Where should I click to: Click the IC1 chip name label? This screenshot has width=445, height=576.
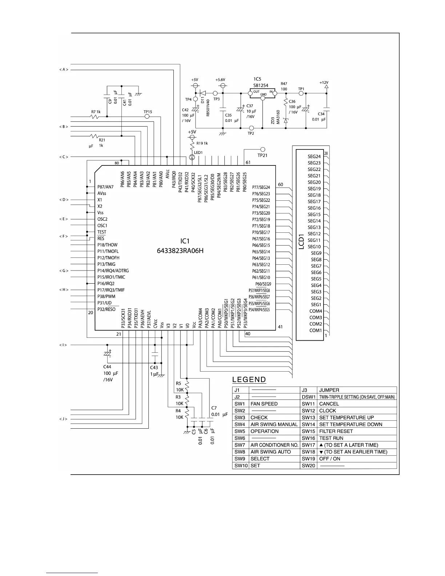click(x=185, y=241)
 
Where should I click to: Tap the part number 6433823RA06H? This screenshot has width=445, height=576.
click(x=185, y=251)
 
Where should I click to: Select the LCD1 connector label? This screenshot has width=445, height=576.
click(x=301, y=241)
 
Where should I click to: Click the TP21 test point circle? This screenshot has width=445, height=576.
click(x=262, y=149)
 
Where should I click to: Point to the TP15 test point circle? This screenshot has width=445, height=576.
click(x=147, y=116)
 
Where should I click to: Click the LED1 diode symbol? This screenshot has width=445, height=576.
click(x=192, y=157)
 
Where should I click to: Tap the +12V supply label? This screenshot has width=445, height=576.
click(x=324, y=83)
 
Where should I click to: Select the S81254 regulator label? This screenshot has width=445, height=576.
click(x=261, y=85)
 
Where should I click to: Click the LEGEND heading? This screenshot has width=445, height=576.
click(x=249, y=380)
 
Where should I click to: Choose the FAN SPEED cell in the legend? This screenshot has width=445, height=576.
click(x=264, y=404)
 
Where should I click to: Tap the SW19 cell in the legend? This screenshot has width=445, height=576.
click(x=308, y=459)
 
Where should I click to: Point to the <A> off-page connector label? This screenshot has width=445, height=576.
click(x=64, y=69)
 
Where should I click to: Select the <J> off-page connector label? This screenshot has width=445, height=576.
click(x=64, y=419)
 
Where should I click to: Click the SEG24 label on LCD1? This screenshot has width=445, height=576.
click(x=314, y=157)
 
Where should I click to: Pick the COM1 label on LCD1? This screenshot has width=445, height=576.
click(x=316, y=330)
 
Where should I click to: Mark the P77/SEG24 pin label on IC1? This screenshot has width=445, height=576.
click(x=261, y=188)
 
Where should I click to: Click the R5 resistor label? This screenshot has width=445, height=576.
click(x=179, y=383)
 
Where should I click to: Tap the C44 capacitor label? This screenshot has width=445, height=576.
click(x=107, y=367)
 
